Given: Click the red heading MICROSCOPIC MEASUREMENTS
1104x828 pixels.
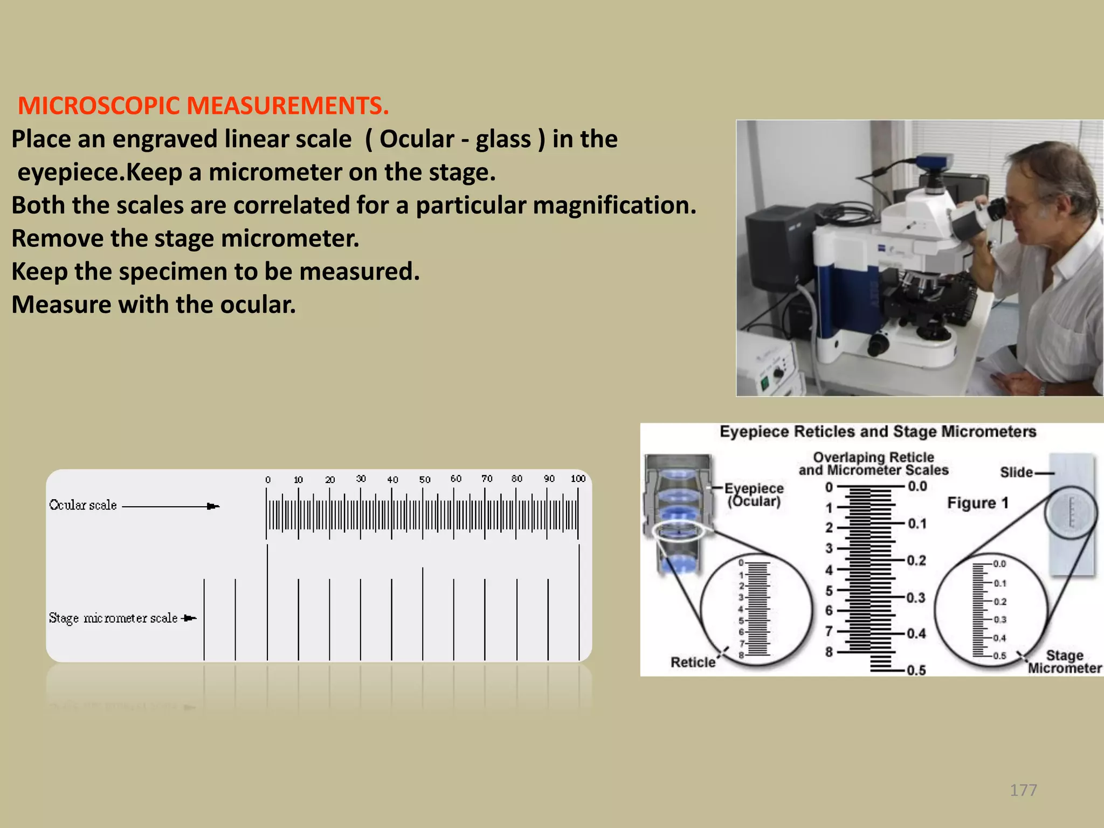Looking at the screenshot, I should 203,106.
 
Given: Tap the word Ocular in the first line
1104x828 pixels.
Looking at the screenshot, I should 417,139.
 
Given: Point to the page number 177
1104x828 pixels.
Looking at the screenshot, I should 1023,790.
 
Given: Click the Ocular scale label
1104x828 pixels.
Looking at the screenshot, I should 83,505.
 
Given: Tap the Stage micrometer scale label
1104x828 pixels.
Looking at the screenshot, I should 113,618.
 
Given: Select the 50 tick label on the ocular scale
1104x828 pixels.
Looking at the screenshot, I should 424,479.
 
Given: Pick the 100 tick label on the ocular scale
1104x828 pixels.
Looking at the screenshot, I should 578,479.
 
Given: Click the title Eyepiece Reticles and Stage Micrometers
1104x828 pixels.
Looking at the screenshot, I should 878,432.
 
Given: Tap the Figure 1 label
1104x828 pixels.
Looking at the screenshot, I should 977,503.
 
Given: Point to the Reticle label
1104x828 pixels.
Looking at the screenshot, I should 693,662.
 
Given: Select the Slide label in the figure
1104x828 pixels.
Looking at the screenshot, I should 1016,472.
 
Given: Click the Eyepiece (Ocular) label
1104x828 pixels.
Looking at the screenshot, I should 754,495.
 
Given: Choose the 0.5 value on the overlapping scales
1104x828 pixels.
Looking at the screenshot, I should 916,670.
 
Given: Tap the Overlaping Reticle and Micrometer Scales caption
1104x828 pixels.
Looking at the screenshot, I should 873,464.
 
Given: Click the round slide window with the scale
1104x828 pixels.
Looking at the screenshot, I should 1070,512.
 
